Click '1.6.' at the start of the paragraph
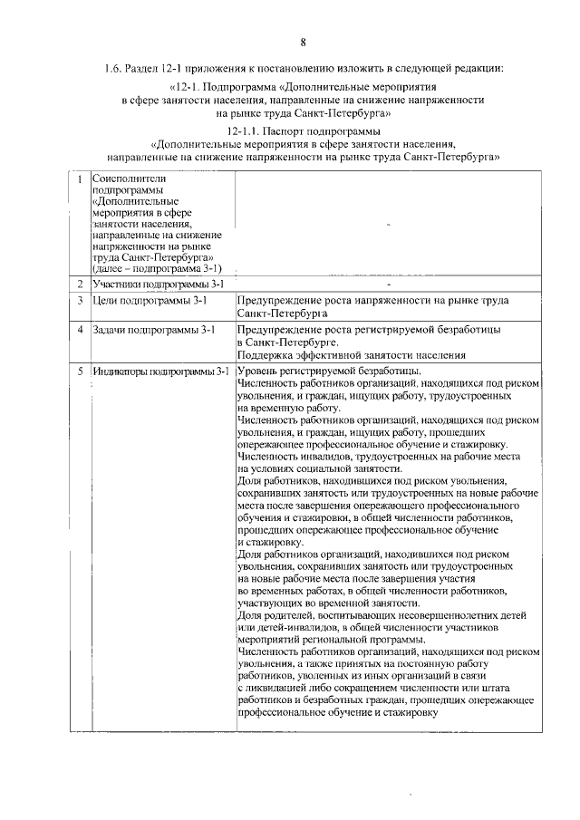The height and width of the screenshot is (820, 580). (115, 67)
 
